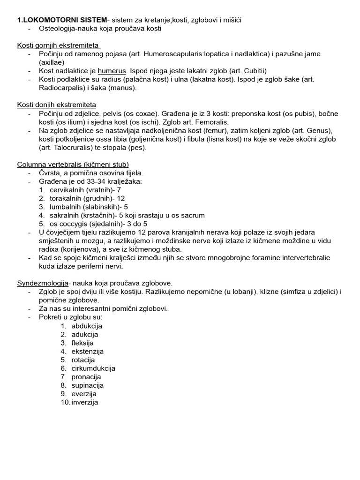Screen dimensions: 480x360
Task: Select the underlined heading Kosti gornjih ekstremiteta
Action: coord(59,45)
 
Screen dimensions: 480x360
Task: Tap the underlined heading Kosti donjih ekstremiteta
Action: coord(56,105)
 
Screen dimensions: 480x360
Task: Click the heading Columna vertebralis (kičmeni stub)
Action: coord(73,164)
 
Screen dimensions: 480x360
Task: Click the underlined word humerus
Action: coord(112,70)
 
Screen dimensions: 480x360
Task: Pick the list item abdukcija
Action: coord(87,326)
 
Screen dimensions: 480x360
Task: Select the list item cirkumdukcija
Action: coord(93,368)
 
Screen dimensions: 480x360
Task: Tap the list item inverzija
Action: coord(85,402)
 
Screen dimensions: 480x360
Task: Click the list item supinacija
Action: coord(88,385)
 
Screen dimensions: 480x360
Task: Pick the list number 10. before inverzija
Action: coord(65,402)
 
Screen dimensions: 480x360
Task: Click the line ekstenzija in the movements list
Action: coord(88,351)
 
